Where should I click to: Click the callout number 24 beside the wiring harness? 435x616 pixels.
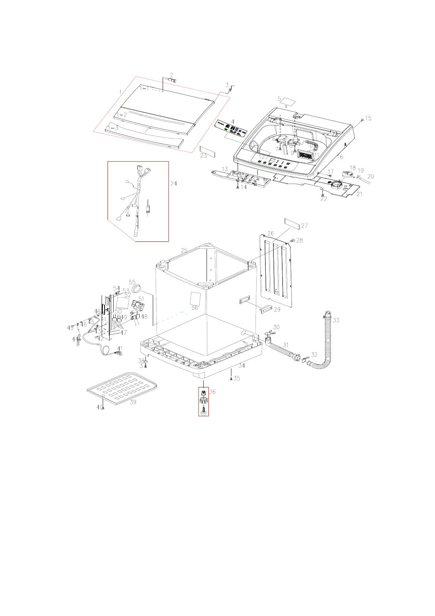(x=174, y=183)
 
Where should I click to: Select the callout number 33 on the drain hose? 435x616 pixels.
(x=336, y=320)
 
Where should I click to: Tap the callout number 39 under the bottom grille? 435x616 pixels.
(x=133, y=402)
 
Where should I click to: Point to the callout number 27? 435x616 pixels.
(x=304, y=226)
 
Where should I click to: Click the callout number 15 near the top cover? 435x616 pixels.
(x=368, y=118)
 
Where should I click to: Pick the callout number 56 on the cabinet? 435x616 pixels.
(x=194, y=308)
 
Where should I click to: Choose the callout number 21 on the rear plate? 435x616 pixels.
(x=359, y=194)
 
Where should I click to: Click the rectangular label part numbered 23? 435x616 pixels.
(x=207, y=151)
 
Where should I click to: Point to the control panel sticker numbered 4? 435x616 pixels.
(x=231, y=129)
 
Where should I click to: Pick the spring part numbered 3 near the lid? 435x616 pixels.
(x=230, y=89)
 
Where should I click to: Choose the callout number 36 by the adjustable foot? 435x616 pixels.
(x=212, y=392)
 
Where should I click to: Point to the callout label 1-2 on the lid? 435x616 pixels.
(x=122, y=115)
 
